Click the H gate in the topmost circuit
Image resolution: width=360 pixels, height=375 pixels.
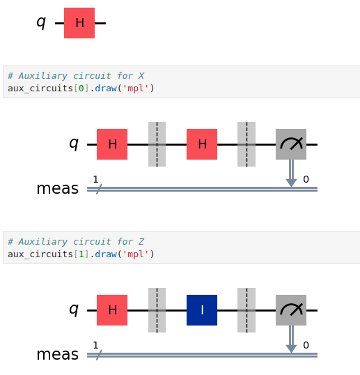click(x=79, y=23)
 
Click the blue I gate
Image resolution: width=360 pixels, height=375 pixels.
click(x=202, y=310)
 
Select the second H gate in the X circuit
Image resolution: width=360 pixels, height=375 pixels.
click(x=202, y=144)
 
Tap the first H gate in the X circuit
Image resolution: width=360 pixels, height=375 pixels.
click(x=112, y=144)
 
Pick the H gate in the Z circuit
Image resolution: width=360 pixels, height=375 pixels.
click(x=112, y=310)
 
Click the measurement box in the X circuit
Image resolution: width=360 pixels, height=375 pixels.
click(x=291, y=144)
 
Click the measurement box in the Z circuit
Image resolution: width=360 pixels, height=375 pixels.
click(x=291, y=310)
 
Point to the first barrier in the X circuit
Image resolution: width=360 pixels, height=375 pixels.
click(x=157, y=144)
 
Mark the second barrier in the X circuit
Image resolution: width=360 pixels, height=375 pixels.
click(x=246, y=144)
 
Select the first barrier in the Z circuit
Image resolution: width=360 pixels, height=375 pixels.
click(x=157, y=310)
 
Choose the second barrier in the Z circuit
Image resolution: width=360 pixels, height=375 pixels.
click(x=246, y=310)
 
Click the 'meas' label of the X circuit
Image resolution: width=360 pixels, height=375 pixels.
click(x=58, y=188)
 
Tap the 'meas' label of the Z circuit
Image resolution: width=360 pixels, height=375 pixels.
click(x=58, y=354)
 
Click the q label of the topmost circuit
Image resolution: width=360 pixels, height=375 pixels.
click(x=41, y=22)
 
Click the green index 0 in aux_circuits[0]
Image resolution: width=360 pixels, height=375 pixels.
click(x=81, y=89)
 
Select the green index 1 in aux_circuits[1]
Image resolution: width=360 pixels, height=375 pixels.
click(x=81, y=254)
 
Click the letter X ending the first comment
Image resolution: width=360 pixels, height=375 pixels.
click(x=141, y=76)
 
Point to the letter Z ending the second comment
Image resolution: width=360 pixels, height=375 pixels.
click(x=141, y=242)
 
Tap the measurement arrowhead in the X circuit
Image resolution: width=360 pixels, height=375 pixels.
click(x=291, y=183)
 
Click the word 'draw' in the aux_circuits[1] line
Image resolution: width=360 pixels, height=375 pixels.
click(x=106, y=254)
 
